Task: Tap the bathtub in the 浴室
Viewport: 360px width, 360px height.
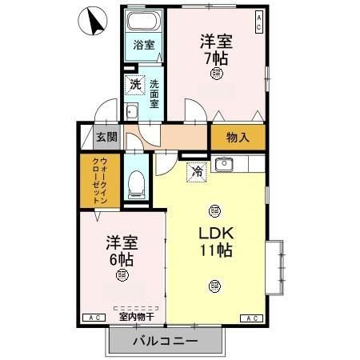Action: tap(144, 22)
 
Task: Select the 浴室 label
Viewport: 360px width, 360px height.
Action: tap(144, 46)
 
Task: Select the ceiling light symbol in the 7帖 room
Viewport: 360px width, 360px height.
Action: tap(217, 74)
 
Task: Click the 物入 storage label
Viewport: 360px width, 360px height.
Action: tap(238, 137)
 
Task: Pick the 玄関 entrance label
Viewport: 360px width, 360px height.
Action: tap(106, 137)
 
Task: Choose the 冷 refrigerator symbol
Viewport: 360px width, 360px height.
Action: tap(196, 170)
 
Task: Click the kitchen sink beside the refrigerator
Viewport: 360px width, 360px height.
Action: tap(224, 165)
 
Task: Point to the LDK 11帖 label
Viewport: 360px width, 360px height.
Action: tap(215, 240)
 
